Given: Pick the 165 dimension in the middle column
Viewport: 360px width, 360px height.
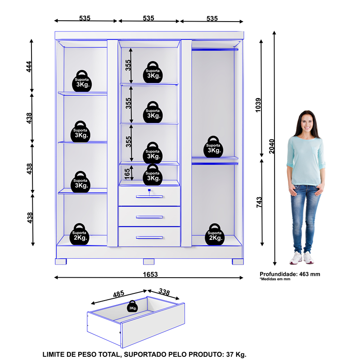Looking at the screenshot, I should coord(128,173).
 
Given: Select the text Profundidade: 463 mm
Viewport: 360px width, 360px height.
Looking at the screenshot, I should coord(290,274).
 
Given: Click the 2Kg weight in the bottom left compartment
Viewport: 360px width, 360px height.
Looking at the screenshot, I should coord(81,234).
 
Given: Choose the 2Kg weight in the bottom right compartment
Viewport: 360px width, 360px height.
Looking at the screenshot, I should coord(214,235).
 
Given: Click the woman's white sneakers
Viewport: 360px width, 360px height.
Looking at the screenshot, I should coord(301,257).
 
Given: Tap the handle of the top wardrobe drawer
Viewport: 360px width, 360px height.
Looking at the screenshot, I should coord(149,196).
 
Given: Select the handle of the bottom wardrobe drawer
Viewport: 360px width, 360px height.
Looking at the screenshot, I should coord(149,237).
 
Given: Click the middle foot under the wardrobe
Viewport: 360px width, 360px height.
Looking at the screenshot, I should coord(149,261).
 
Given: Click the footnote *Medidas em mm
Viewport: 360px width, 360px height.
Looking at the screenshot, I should coord(274,279).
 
